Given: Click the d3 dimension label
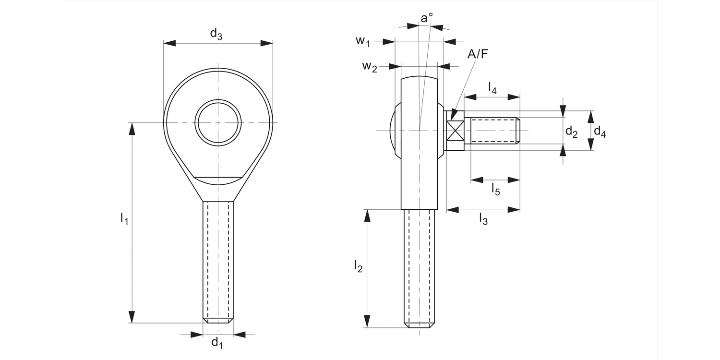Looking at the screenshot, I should tap(216, 34).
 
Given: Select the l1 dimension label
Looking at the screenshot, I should tap(124, 219).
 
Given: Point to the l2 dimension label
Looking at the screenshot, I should tap(358, 266).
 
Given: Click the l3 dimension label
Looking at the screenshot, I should tap(483, 219).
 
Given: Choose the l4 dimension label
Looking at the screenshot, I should tap(492, 87).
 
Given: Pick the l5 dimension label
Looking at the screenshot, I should tap(495, 190).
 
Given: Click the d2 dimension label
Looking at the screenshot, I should tap(571, 131).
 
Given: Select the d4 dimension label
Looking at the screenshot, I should tap(600, 131).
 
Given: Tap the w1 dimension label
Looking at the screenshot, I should tap(363, 41).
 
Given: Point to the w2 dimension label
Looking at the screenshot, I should tap(369, 66).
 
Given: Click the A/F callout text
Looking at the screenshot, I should tap(478, 54).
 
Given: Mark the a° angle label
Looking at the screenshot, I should tap(426, 18).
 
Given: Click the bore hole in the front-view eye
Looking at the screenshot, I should tap(218, 123).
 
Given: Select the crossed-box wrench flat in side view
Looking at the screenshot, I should tap(455, 131).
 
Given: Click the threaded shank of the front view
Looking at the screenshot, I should tap(218, 259).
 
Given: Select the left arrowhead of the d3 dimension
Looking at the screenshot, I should tap(169, 43).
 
